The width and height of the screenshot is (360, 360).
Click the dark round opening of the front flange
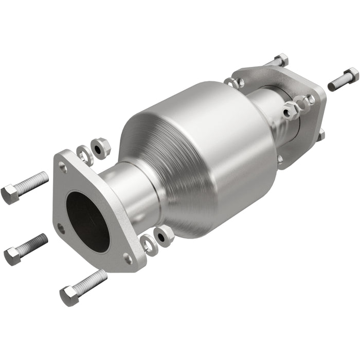point(87,221)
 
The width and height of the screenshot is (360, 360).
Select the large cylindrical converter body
point(206,154)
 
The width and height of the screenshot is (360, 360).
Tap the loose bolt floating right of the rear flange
point(343,79)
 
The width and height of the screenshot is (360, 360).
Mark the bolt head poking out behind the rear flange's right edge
point(320,135)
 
